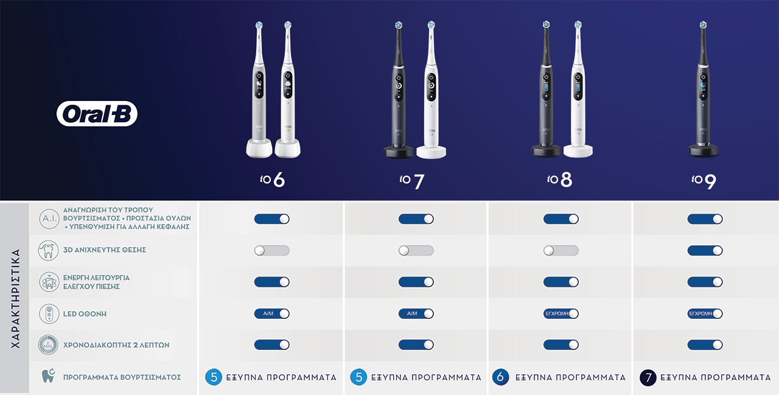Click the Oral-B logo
(97, 114)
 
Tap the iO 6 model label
(272, 180)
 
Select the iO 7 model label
(412, 181)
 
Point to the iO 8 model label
(559, 180)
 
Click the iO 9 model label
(704, 181)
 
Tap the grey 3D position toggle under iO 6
(271, 250)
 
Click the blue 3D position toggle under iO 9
(705, 250)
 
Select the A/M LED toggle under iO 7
(416, 313)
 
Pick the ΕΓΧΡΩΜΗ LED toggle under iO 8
(561, 313)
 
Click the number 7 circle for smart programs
(648, 377)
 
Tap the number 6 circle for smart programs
(500, 377)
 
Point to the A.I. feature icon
(49, 218)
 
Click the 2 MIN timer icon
(48, 345)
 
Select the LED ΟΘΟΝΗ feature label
(85, 314)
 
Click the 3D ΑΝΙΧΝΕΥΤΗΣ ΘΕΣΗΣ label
(104, 250)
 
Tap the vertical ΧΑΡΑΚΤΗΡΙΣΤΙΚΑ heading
(16, 298)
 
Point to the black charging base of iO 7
(399, 152)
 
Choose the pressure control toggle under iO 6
(271, 282)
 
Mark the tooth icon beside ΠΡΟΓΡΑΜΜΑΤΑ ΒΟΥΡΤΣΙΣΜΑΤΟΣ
(48, 376)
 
